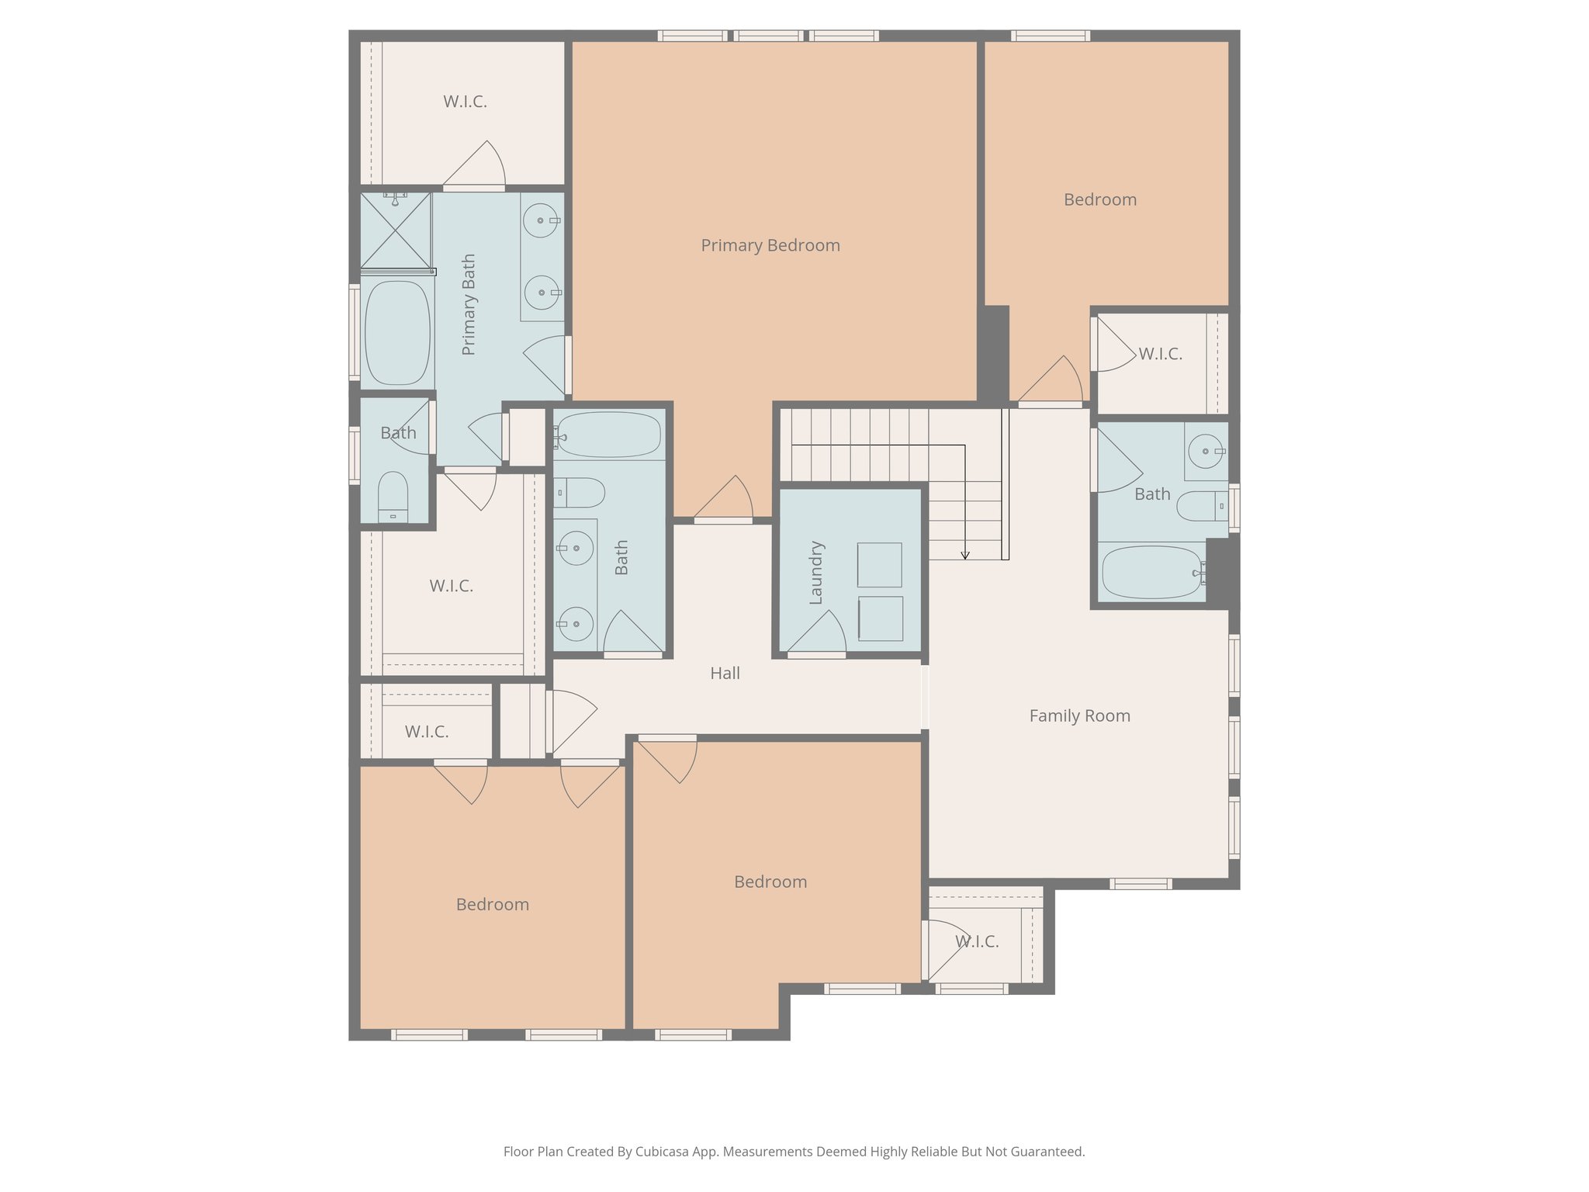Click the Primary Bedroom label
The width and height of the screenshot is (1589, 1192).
point(770,245)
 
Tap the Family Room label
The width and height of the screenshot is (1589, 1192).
point(1079,716)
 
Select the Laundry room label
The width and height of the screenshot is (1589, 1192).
point(815,573)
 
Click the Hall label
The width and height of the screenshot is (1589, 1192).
point(725,674)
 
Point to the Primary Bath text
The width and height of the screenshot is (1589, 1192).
point(469,304)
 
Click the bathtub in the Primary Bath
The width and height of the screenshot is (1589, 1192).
point(397,332)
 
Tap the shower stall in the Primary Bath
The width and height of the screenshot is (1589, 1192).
point(396,230)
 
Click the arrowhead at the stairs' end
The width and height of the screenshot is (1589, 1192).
point(965,555)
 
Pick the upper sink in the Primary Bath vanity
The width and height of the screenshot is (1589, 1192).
point(540,220)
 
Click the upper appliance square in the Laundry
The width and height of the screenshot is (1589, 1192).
point(879,564)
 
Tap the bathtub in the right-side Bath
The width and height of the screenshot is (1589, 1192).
point(1151,572)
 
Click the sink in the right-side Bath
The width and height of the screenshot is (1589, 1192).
point(1205,451)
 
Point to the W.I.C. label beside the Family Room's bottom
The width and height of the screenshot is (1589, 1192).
point(976,941)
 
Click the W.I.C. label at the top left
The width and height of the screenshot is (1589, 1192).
point(465,102)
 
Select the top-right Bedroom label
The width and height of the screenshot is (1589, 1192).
point(1099,199)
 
